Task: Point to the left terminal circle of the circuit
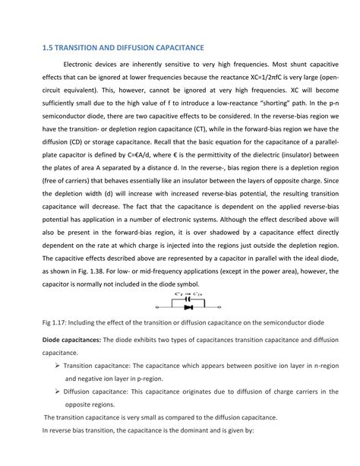pyautogui.click(x=156, y=308)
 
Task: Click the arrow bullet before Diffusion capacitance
pyautogui.click(x=58, y=391)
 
